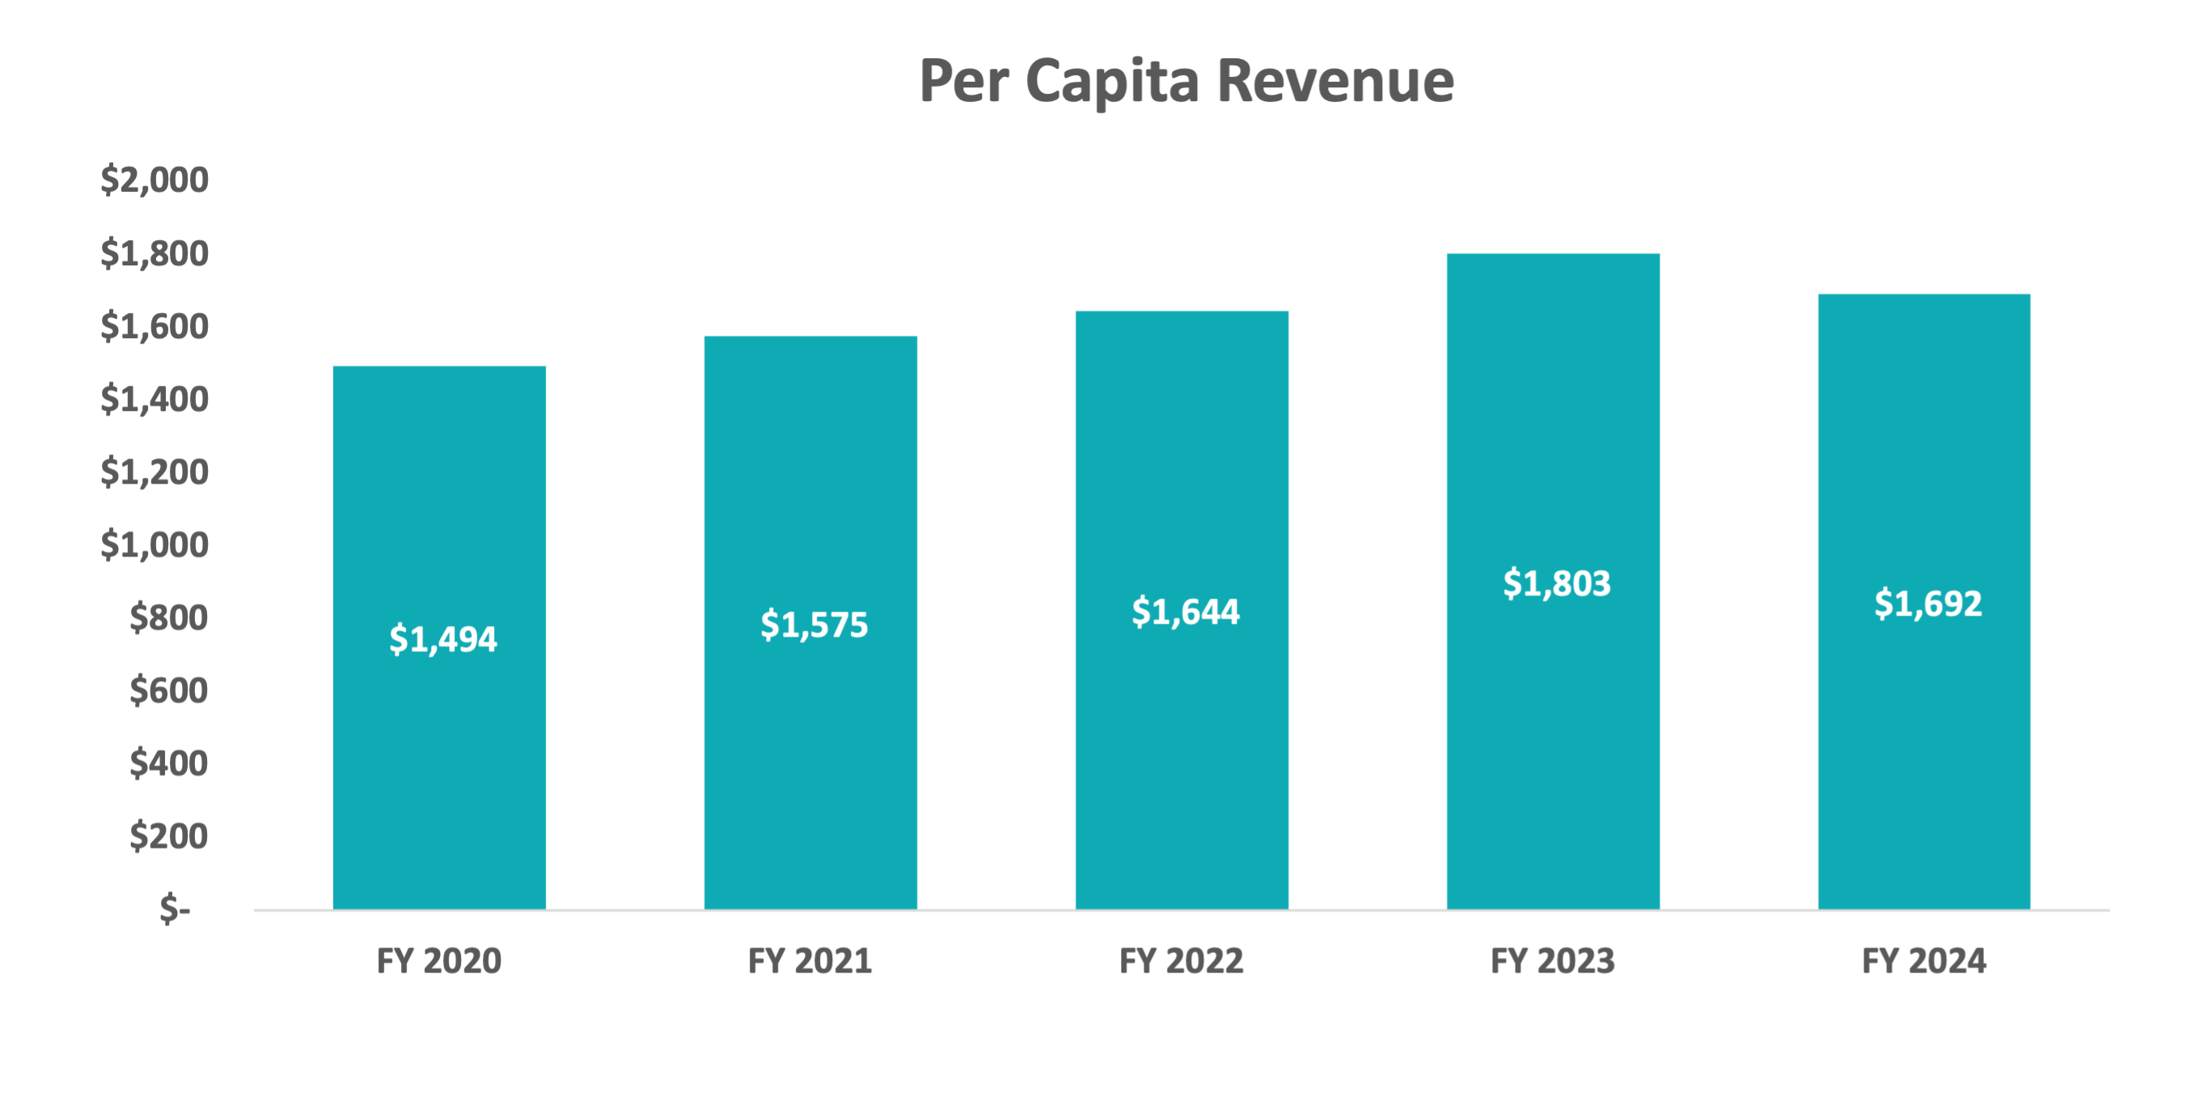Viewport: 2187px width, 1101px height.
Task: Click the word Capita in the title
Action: click(x=1112, y=83)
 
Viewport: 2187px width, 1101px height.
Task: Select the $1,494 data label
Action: click(x=442, y=638)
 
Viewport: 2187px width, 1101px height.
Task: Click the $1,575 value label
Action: click(x=814, y=624)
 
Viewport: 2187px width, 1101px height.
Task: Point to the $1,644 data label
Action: click(x=1185, y=612)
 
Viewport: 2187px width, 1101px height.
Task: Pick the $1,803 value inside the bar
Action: click(x=1556, y=583)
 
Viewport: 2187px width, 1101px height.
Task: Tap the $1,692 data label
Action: click(x=1927, y=603)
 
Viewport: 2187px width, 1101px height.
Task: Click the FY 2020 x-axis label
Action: click(x=439, y=961)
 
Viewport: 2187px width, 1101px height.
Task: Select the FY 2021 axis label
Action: click(x=810, y=961)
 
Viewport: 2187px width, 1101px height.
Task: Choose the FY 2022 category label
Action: click(x=1181, y=961)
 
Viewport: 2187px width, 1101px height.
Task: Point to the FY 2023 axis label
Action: click(x=1553, y=961)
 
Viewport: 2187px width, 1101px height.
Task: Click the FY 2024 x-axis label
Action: click(x=1924, y=961)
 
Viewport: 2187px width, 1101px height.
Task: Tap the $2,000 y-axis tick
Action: click(x=154, y=180)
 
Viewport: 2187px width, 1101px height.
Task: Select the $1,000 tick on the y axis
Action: click(x=154, y=544)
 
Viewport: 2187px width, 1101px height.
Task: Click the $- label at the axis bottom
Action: click(x=175, y=909)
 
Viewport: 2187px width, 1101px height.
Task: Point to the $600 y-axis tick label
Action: click(x=168, y=690)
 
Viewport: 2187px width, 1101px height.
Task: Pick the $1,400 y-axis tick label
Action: click(x=154, y=399)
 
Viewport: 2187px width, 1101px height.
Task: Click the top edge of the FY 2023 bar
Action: click(x=1553, y=255)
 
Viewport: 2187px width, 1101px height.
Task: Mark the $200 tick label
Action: click(x=168, y=836)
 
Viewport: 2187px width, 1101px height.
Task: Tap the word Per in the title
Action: click(x=963, y=83)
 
